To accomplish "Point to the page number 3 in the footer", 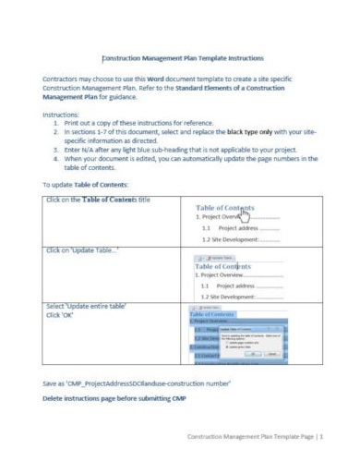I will click(329, 436).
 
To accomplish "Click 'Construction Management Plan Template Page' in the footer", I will click(249, 436).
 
